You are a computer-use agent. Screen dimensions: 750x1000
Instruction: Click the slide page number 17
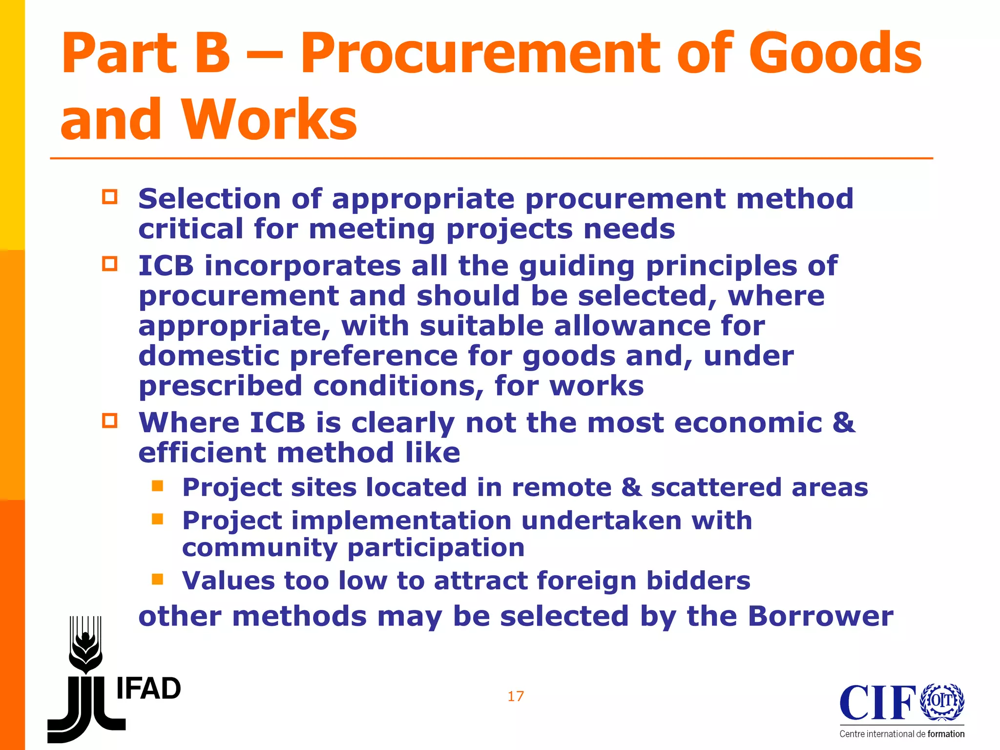coord(516,696)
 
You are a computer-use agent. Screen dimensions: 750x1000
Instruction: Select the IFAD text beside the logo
coord(148,688)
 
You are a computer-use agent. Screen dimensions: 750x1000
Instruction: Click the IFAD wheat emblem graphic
coord(85,645)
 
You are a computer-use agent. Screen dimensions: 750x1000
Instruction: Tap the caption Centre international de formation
coord(902,734)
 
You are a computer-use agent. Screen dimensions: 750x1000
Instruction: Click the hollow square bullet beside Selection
coord(110,197)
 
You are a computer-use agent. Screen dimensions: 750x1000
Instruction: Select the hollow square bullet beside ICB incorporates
coord(110,264)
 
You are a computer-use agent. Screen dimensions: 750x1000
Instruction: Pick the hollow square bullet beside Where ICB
coord(110,420)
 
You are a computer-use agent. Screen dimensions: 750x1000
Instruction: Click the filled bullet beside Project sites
coord(157,486)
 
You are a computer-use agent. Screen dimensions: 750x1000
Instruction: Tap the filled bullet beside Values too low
coord(157,579)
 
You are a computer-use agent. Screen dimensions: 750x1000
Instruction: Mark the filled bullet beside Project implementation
coord(157,519)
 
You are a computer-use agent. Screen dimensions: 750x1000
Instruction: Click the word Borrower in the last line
coord(820,616)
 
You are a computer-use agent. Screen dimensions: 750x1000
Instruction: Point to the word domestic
coord(209,356)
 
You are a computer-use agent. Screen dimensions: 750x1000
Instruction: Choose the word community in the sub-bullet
coord(259,548)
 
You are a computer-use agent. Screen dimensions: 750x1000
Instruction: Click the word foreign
coord(586,581)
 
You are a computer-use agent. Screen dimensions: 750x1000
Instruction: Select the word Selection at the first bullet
coord(209,199)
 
